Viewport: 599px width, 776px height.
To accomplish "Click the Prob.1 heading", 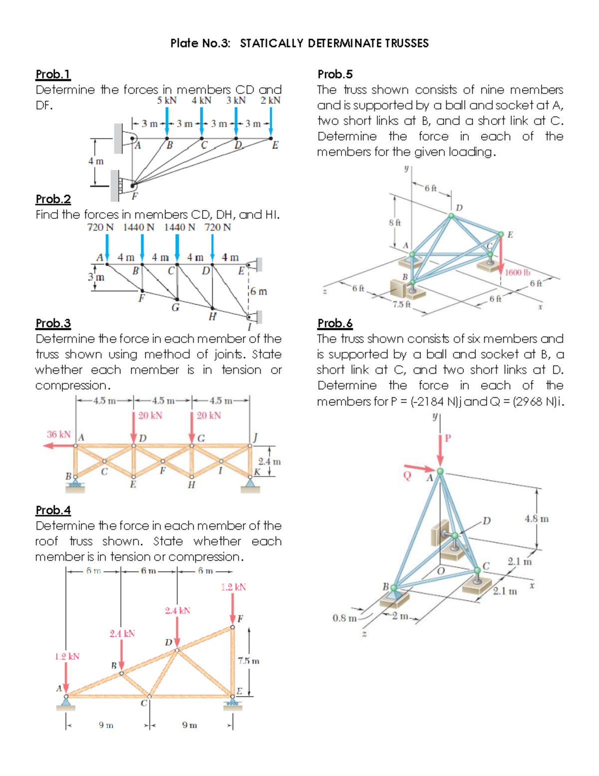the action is pyautogui.click(x=53, y=74).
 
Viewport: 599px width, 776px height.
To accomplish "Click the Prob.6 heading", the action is pyautogui.click(x=335, y=323).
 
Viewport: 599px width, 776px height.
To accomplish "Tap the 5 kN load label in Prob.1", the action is pyautogui.click(x=167, y=100).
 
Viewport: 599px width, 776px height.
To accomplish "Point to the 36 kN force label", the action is pyautogui.click(x=59, y=434).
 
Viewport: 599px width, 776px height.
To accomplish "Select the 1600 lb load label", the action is pyautogui.click(x=517, y=272).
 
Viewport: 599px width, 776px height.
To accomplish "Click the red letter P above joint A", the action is pyautogui.click(x=448, y=438).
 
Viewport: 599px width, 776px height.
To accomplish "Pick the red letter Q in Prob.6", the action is pyautogui.click(x=407, y=475).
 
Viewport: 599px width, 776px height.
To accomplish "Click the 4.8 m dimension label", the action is pyautogui.click(x=536, y=519).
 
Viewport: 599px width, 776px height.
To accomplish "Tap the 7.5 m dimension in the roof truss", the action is pyautogui.click(x=249, y=661).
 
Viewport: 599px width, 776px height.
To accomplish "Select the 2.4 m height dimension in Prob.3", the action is pyautogui.click(x=269, y=462).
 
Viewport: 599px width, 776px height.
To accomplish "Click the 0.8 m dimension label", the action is pyautogui.click(x=344, y=618).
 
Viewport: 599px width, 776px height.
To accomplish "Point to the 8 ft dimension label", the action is pyautogui.click(x=395, y=222).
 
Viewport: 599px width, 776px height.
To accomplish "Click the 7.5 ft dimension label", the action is pyautogui.click(x=401, y=304).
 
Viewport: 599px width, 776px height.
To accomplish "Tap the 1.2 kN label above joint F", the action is pyautogui.click(x=233, y=587).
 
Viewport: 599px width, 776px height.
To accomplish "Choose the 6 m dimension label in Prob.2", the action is pyautogui.click(x=259, y=291).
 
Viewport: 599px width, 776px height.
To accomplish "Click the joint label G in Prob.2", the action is pyautogui.click(x=175, y=307).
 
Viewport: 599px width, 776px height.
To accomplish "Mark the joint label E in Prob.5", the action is pyautogui.click(x=510, y=234).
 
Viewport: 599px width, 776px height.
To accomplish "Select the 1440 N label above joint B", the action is pyautogui.click(x=139, y=227).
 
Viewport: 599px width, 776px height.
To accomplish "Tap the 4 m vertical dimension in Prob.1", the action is pyautogui.click(x=96, y=161).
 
